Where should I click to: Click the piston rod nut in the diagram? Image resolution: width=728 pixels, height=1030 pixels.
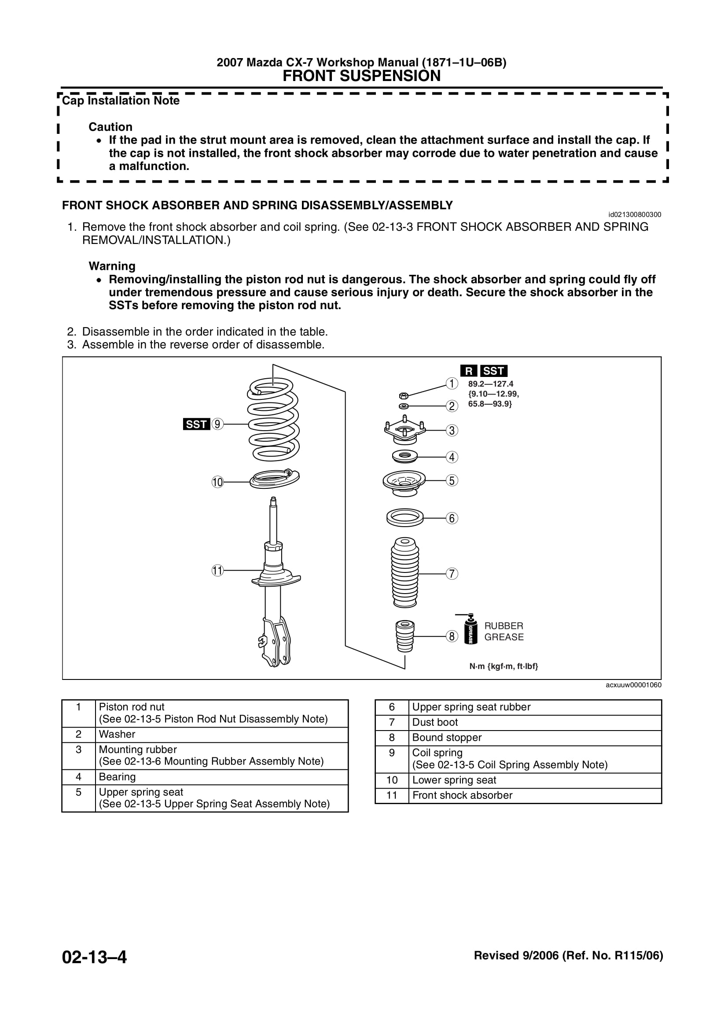(403, 396)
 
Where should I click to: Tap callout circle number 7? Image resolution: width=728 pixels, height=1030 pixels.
(452, 573)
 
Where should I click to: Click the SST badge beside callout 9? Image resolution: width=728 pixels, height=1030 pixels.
(196, 424)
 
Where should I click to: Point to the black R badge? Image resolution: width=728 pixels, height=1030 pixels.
(468, 371)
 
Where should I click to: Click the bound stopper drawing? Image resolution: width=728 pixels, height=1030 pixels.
(405, 636)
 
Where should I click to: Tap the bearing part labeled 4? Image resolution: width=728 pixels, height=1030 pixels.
(404, 457)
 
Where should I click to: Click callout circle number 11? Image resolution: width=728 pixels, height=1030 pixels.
(217, 571)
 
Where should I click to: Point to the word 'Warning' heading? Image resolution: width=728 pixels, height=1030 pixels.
(112, 266)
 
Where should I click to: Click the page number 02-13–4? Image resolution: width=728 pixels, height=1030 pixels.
(95, 957)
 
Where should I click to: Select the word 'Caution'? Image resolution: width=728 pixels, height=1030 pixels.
(110, 126)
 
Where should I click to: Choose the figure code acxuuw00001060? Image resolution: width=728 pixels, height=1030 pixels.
(633, 685)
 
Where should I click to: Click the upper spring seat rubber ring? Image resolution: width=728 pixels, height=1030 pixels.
(405, 518)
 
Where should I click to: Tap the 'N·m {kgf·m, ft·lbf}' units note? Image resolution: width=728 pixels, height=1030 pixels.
(504, 666)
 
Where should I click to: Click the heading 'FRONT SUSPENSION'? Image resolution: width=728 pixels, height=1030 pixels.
(361, 76)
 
